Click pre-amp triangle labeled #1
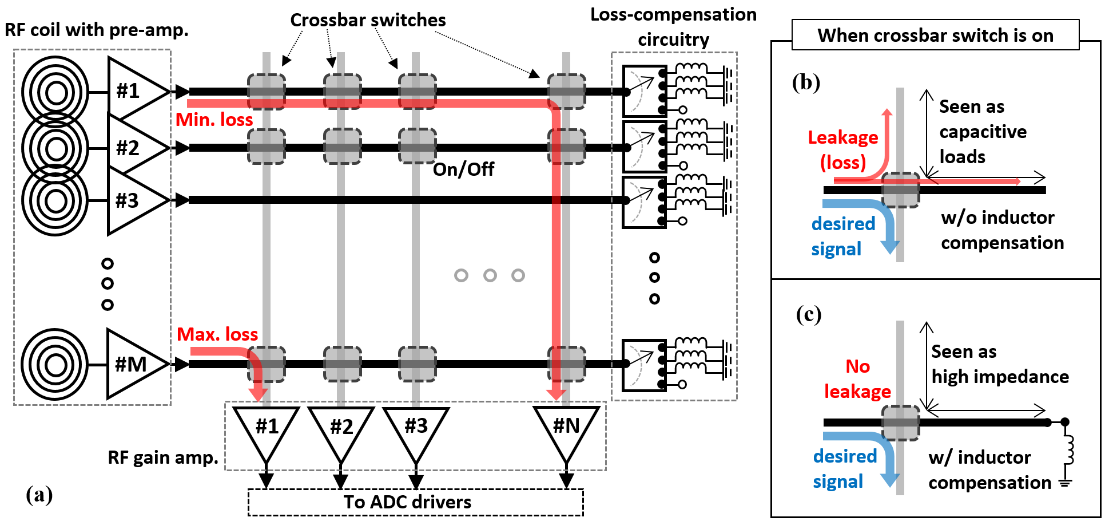coord(133,91)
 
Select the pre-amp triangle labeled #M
coord(133,364)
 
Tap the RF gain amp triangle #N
coord(566,429)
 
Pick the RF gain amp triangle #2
coord(341,429)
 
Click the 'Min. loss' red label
coord(214,120)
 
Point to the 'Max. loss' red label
coord(217,334)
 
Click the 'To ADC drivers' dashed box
coord(415,502)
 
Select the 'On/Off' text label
coord(463,169)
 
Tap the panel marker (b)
coord(806,82)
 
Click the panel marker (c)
coord(809,314)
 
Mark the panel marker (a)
coord(39,495)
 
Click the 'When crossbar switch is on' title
coord(935,35)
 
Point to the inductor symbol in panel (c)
coord(1067,450)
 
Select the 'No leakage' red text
coord(857,379)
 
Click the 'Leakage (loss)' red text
coord(843,150)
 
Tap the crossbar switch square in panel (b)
coord(901,190)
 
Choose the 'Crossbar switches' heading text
coord(368,20)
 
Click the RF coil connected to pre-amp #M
coord(55,364)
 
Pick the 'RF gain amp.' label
coord(163,457)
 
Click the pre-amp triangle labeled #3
coord(133,200)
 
